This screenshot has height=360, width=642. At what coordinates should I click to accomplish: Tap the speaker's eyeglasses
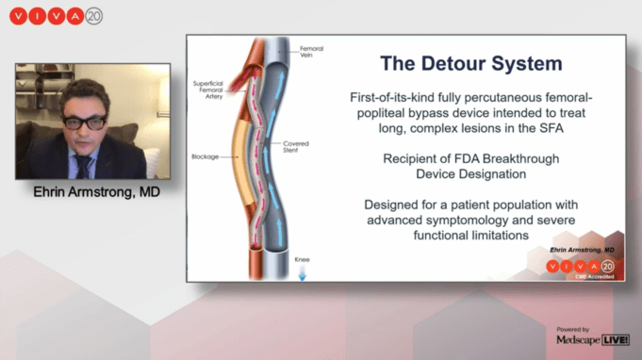[x=84, y=122]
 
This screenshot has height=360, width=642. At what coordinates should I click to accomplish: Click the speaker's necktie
[x=83, y=166]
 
